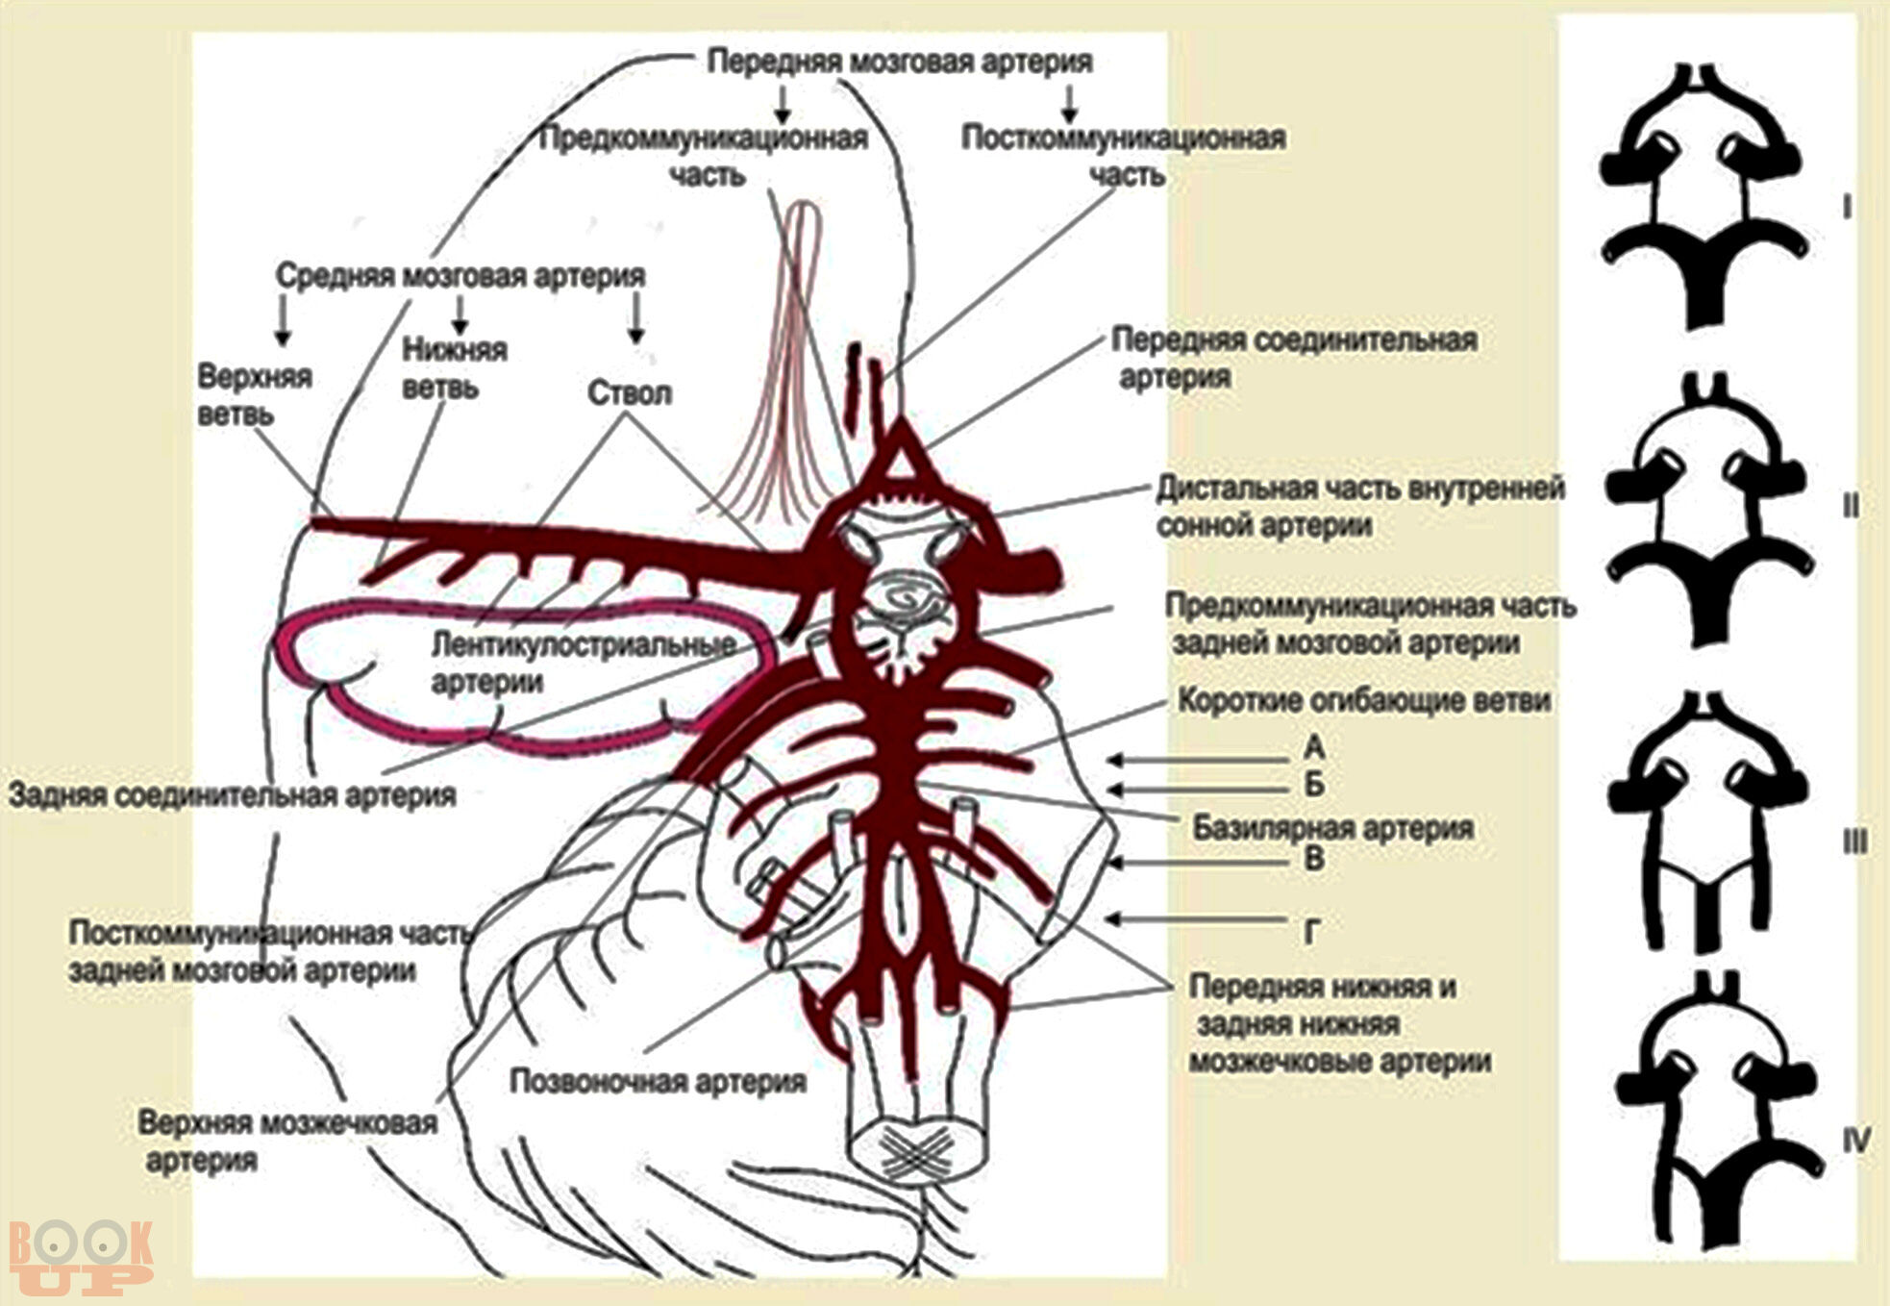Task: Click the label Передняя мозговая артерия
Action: click(900, 61)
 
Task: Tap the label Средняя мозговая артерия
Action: click(460, 276)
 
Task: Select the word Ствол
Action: click(630, 393)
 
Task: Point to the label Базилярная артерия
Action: click(1332, 828)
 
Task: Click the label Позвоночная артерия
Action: click(658, 1082)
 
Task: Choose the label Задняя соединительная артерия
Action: click(232, 795)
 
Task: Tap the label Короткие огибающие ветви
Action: click(1364, 701)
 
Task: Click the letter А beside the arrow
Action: click(1314, 747)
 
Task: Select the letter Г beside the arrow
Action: click(1311, 931)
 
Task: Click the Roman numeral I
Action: click(1847, 207)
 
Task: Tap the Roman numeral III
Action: click(1853, 842)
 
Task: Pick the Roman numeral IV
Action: click(1856, 1141)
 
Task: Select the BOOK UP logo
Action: click(81, 1254)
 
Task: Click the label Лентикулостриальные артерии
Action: click(583, 663)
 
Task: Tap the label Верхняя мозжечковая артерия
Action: click(286, 1141)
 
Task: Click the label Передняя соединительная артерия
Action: click(1293, 357)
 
